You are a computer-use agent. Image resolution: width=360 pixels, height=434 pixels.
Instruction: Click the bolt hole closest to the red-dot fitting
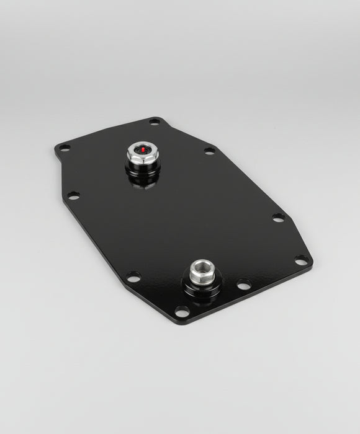(x=155, y=122)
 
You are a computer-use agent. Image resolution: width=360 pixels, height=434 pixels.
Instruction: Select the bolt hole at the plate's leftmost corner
(x=65, y=148)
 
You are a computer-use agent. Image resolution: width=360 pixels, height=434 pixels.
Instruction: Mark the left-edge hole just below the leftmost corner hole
(x=73, y=195)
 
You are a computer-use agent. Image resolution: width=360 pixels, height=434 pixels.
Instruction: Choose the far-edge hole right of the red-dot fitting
(x=209, y=151)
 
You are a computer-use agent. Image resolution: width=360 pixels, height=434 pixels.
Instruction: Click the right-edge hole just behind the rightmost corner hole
(x=279, y=217)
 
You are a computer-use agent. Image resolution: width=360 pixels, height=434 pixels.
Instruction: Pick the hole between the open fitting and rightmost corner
(x=244, y=285)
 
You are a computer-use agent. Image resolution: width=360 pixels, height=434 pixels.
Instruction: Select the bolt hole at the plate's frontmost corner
(x=182, y=310)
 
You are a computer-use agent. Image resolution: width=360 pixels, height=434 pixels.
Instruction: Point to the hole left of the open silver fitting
(x=133, y=277)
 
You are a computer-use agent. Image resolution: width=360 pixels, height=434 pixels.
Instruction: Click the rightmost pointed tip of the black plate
(x=312, y=263)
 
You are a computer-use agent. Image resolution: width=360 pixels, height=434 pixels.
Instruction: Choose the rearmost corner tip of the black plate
(x=156, y=116)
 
